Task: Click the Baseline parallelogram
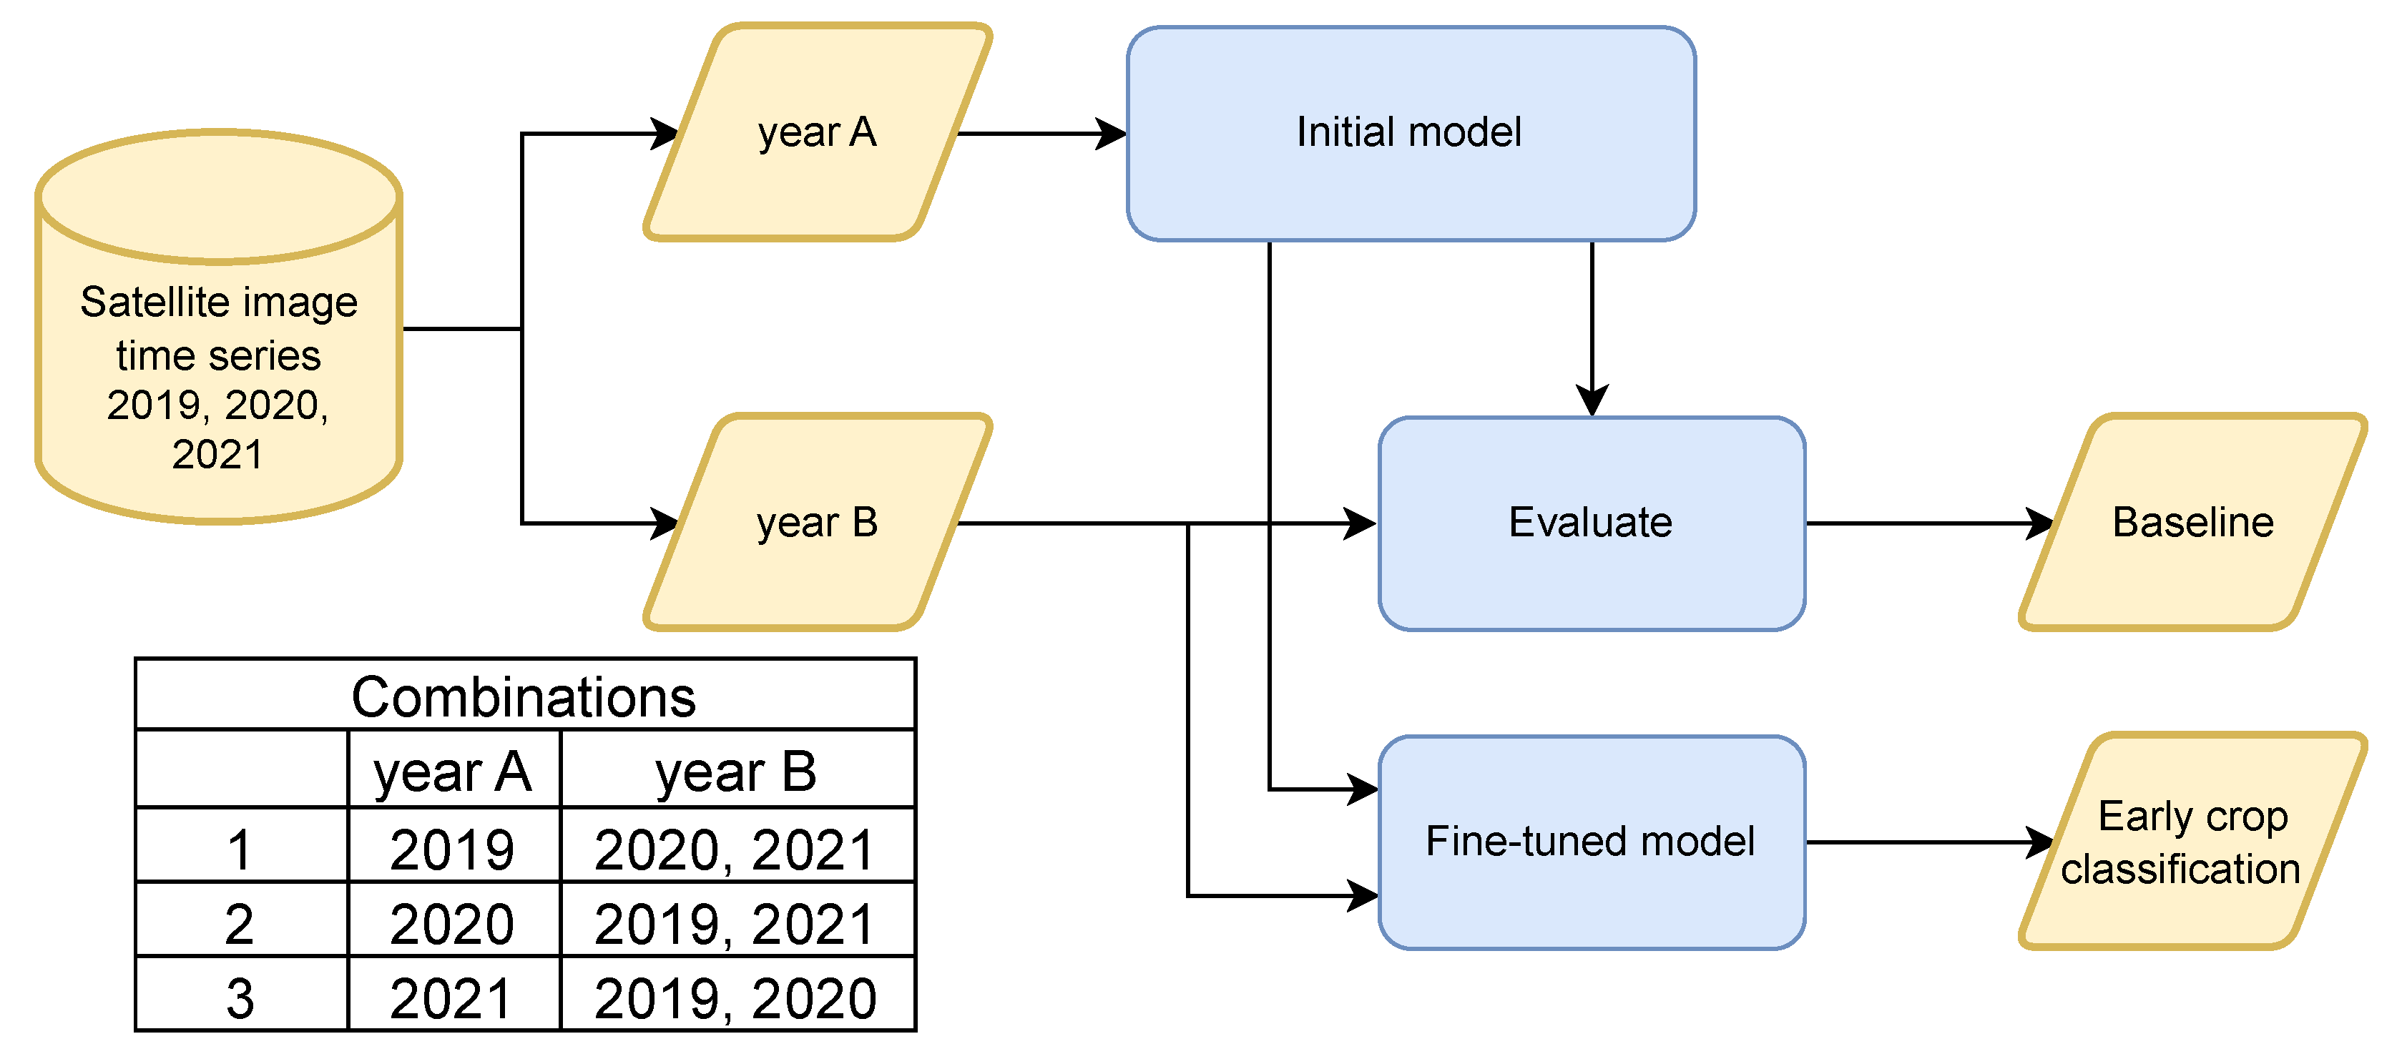[2192, 523]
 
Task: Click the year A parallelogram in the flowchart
[817, 132]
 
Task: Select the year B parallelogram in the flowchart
[817, 523]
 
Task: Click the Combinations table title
[524, 696]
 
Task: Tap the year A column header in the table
[454, 772]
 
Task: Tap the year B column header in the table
[736, 772]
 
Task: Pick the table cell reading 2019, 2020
[735, 998]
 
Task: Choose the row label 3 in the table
[240, 998]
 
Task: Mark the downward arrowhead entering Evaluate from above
[1592, 400]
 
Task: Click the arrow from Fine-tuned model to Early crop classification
[1925, 842]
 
